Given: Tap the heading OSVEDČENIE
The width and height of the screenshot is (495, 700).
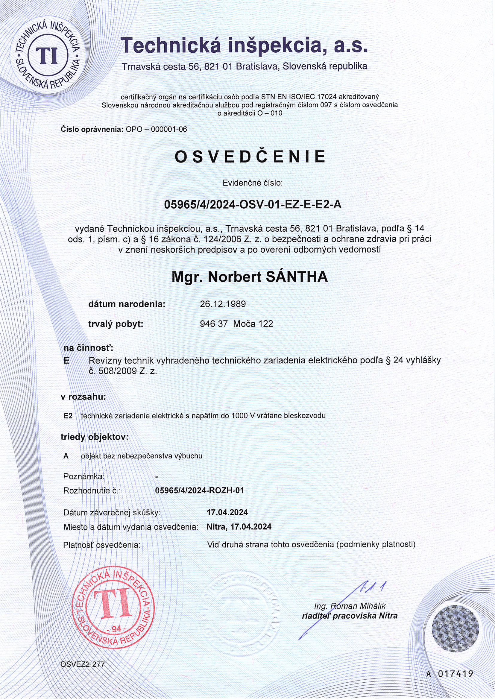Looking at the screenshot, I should [x=250, y=157].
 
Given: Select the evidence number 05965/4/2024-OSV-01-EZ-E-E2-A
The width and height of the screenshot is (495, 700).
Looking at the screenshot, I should [x=253, y=205].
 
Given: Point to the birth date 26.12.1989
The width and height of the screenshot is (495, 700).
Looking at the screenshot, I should [x=223, y=304].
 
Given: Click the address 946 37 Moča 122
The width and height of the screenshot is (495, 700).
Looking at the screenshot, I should [x=236, y=324].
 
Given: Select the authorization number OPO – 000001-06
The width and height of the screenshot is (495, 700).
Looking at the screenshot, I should [x=156, y=129].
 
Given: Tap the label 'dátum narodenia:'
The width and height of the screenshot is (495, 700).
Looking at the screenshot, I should [x=127, y=304].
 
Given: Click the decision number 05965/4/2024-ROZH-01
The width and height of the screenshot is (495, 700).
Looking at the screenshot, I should [x=199, y=490].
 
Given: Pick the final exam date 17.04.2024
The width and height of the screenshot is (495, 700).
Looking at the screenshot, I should [x=227, y=512].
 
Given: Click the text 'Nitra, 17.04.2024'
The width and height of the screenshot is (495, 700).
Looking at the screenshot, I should [x=239, y=526].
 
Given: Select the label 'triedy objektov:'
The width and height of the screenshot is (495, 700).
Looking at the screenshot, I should [x=95, y=437].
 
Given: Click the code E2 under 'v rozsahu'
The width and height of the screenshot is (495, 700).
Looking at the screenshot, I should [x=68, y=416].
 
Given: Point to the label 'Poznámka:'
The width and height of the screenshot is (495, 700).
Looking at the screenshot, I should [x=84, y=476].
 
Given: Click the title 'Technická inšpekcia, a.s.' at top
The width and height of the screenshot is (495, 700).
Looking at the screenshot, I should [x=244, y=45].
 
